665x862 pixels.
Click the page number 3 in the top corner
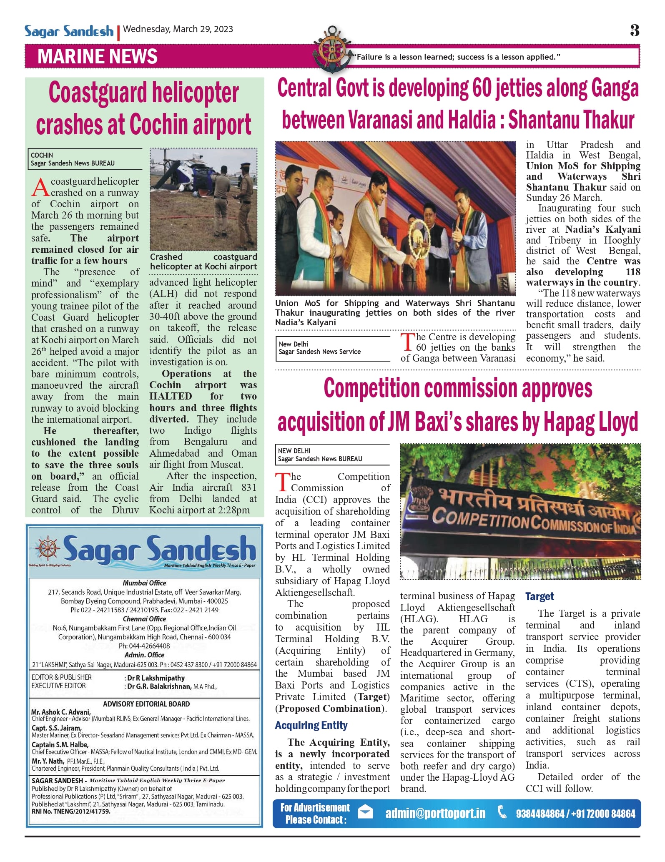pyautogui.click(x=634, y=30)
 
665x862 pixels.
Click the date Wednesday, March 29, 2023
pyautogui.click(x=178, y=29)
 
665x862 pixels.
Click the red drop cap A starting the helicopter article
pyautogui.click(x=40, y=187)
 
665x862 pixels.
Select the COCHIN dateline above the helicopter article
pyautogui.click(x=42, y=155)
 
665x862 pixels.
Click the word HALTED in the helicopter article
pyautogui.click(x=171, y=396)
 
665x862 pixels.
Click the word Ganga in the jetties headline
pyautogui.click(x=614, y=89)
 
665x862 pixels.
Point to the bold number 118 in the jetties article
pyautogui.click(x=632, y=272)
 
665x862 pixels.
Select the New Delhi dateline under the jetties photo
pyautogui.click(x=294, y=344)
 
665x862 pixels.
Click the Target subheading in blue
pyautogui.click(x=540, y=596)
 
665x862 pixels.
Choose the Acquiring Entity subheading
pyautogui.click(x=311, y=725)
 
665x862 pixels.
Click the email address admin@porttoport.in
pyautogui.click(x=435, y=813)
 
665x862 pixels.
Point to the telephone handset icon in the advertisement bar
pyautogui.click(x=502, y=812)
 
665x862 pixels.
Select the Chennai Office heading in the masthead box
pyautogui.click(x=144, y=619)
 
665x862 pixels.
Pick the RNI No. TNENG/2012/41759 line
pyautogui.click(x=71, y=812)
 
